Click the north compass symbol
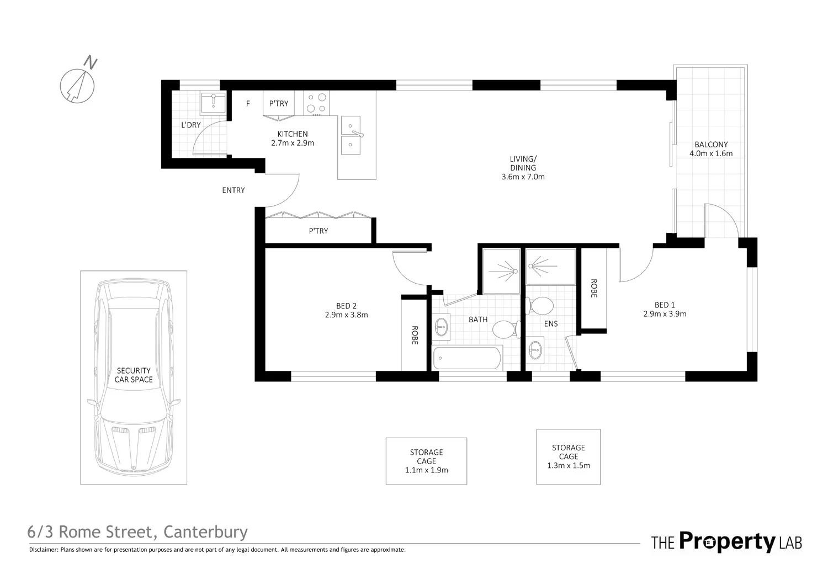pos(77,86)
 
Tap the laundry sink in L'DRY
pos(213,103)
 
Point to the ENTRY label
pos(233,190)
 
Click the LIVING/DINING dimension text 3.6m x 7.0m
pos(523,177)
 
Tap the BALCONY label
pos(711,145)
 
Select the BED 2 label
pos(346,306)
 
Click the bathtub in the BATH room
pos(467,359)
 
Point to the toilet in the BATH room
pos(503,330)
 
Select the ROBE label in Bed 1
pos(594,288)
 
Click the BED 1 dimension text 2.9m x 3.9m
pos(665,314)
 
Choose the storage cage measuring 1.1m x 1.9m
pos(426,461)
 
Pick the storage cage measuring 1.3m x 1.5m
pos(568,456)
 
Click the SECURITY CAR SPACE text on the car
pos(134,375)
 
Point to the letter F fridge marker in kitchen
pos(248,104)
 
